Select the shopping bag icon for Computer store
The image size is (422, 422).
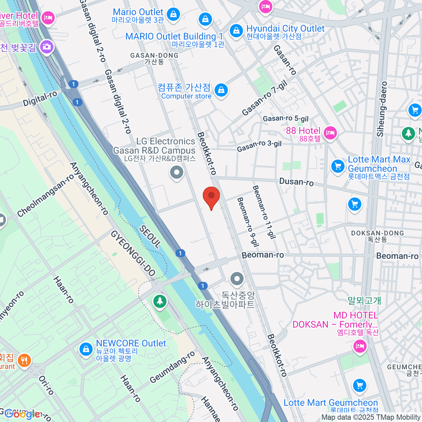coord(221,90)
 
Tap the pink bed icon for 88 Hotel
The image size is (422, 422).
coord(330,133)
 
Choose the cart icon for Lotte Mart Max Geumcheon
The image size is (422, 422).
coord(338,166)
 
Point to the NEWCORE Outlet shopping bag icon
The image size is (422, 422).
coord(86,349)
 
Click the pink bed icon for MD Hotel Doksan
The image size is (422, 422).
coord(359,346)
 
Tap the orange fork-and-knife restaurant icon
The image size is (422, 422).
coord(24,360)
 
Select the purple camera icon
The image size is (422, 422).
coord(46,46)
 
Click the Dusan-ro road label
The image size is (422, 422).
coord(296,182)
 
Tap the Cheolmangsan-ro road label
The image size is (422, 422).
coord(45,196)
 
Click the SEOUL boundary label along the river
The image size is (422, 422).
coord(150,237)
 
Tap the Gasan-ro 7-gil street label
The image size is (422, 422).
coord(265,98)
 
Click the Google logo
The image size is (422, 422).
coord(22,414)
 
